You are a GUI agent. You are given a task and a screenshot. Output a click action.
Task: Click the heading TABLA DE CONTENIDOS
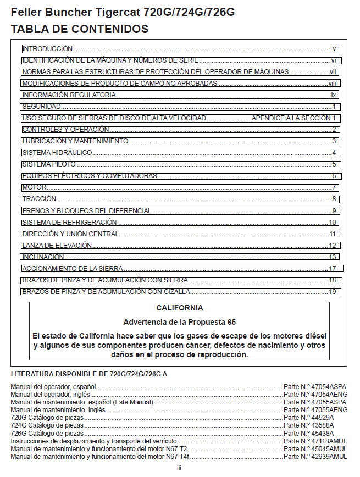[80, 29]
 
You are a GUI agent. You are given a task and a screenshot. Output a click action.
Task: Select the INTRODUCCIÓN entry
[47, 49]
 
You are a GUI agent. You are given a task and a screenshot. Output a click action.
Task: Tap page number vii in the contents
[333, 72]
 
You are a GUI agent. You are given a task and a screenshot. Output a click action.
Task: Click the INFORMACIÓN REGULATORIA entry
[69, 95]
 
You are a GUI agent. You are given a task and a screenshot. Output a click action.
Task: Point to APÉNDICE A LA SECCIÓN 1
[293, 118]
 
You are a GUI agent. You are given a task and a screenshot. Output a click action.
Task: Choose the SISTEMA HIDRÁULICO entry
[57, 153]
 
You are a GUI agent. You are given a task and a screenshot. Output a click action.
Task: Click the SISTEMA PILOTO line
[49, 164]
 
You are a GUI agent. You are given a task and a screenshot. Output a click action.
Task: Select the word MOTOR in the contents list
[34, 187]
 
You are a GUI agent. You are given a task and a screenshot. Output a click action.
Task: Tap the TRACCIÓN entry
[39, 199]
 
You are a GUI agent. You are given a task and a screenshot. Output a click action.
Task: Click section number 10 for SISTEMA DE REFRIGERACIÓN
[332, 223]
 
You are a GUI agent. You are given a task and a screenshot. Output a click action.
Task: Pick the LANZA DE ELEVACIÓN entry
[57, 246]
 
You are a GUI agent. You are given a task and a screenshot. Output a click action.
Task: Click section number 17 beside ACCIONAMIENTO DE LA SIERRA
[332, 269]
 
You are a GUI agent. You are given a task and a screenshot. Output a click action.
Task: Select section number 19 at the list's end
[332, 292]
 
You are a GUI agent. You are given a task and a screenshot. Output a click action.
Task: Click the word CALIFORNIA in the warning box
[179, 308]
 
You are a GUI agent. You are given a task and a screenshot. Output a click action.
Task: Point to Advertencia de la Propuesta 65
[179, 322]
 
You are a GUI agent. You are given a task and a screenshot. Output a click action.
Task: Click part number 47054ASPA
[315, 387]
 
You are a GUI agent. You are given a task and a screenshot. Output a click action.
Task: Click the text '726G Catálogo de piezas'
[46, 433]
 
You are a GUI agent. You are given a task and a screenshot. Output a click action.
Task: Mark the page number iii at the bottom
[179, 468]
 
